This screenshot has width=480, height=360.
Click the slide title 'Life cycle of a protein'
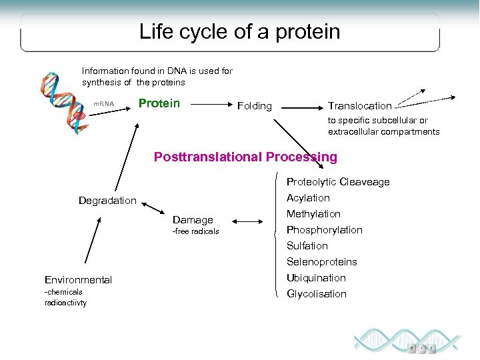point(239,32)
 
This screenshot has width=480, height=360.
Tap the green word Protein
point(159,103)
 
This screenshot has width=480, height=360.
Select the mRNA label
point(103,105)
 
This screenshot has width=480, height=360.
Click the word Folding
point(255,106)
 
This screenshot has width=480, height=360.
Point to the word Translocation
point(359,106)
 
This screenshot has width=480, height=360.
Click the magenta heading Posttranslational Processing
point(245,157)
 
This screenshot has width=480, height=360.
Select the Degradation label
point(107,201)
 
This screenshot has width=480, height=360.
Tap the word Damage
point(193,219)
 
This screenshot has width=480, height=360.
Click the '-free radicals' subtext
point(195,231)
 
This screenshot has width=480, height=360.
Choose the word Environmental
point(78,280)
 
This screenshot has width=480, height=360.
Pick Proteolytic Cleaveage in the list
point(338,182)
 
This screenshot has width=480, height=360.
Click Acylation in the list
point(308,198)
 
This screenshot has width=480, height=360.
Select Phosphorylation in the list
point(324,230)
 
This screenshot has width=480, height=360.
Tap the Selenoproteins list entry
point(321,262)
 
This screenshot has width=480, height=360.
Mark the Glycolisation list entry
point(316,294)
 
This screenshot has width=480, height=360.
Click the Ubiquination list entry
point(316,278)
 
